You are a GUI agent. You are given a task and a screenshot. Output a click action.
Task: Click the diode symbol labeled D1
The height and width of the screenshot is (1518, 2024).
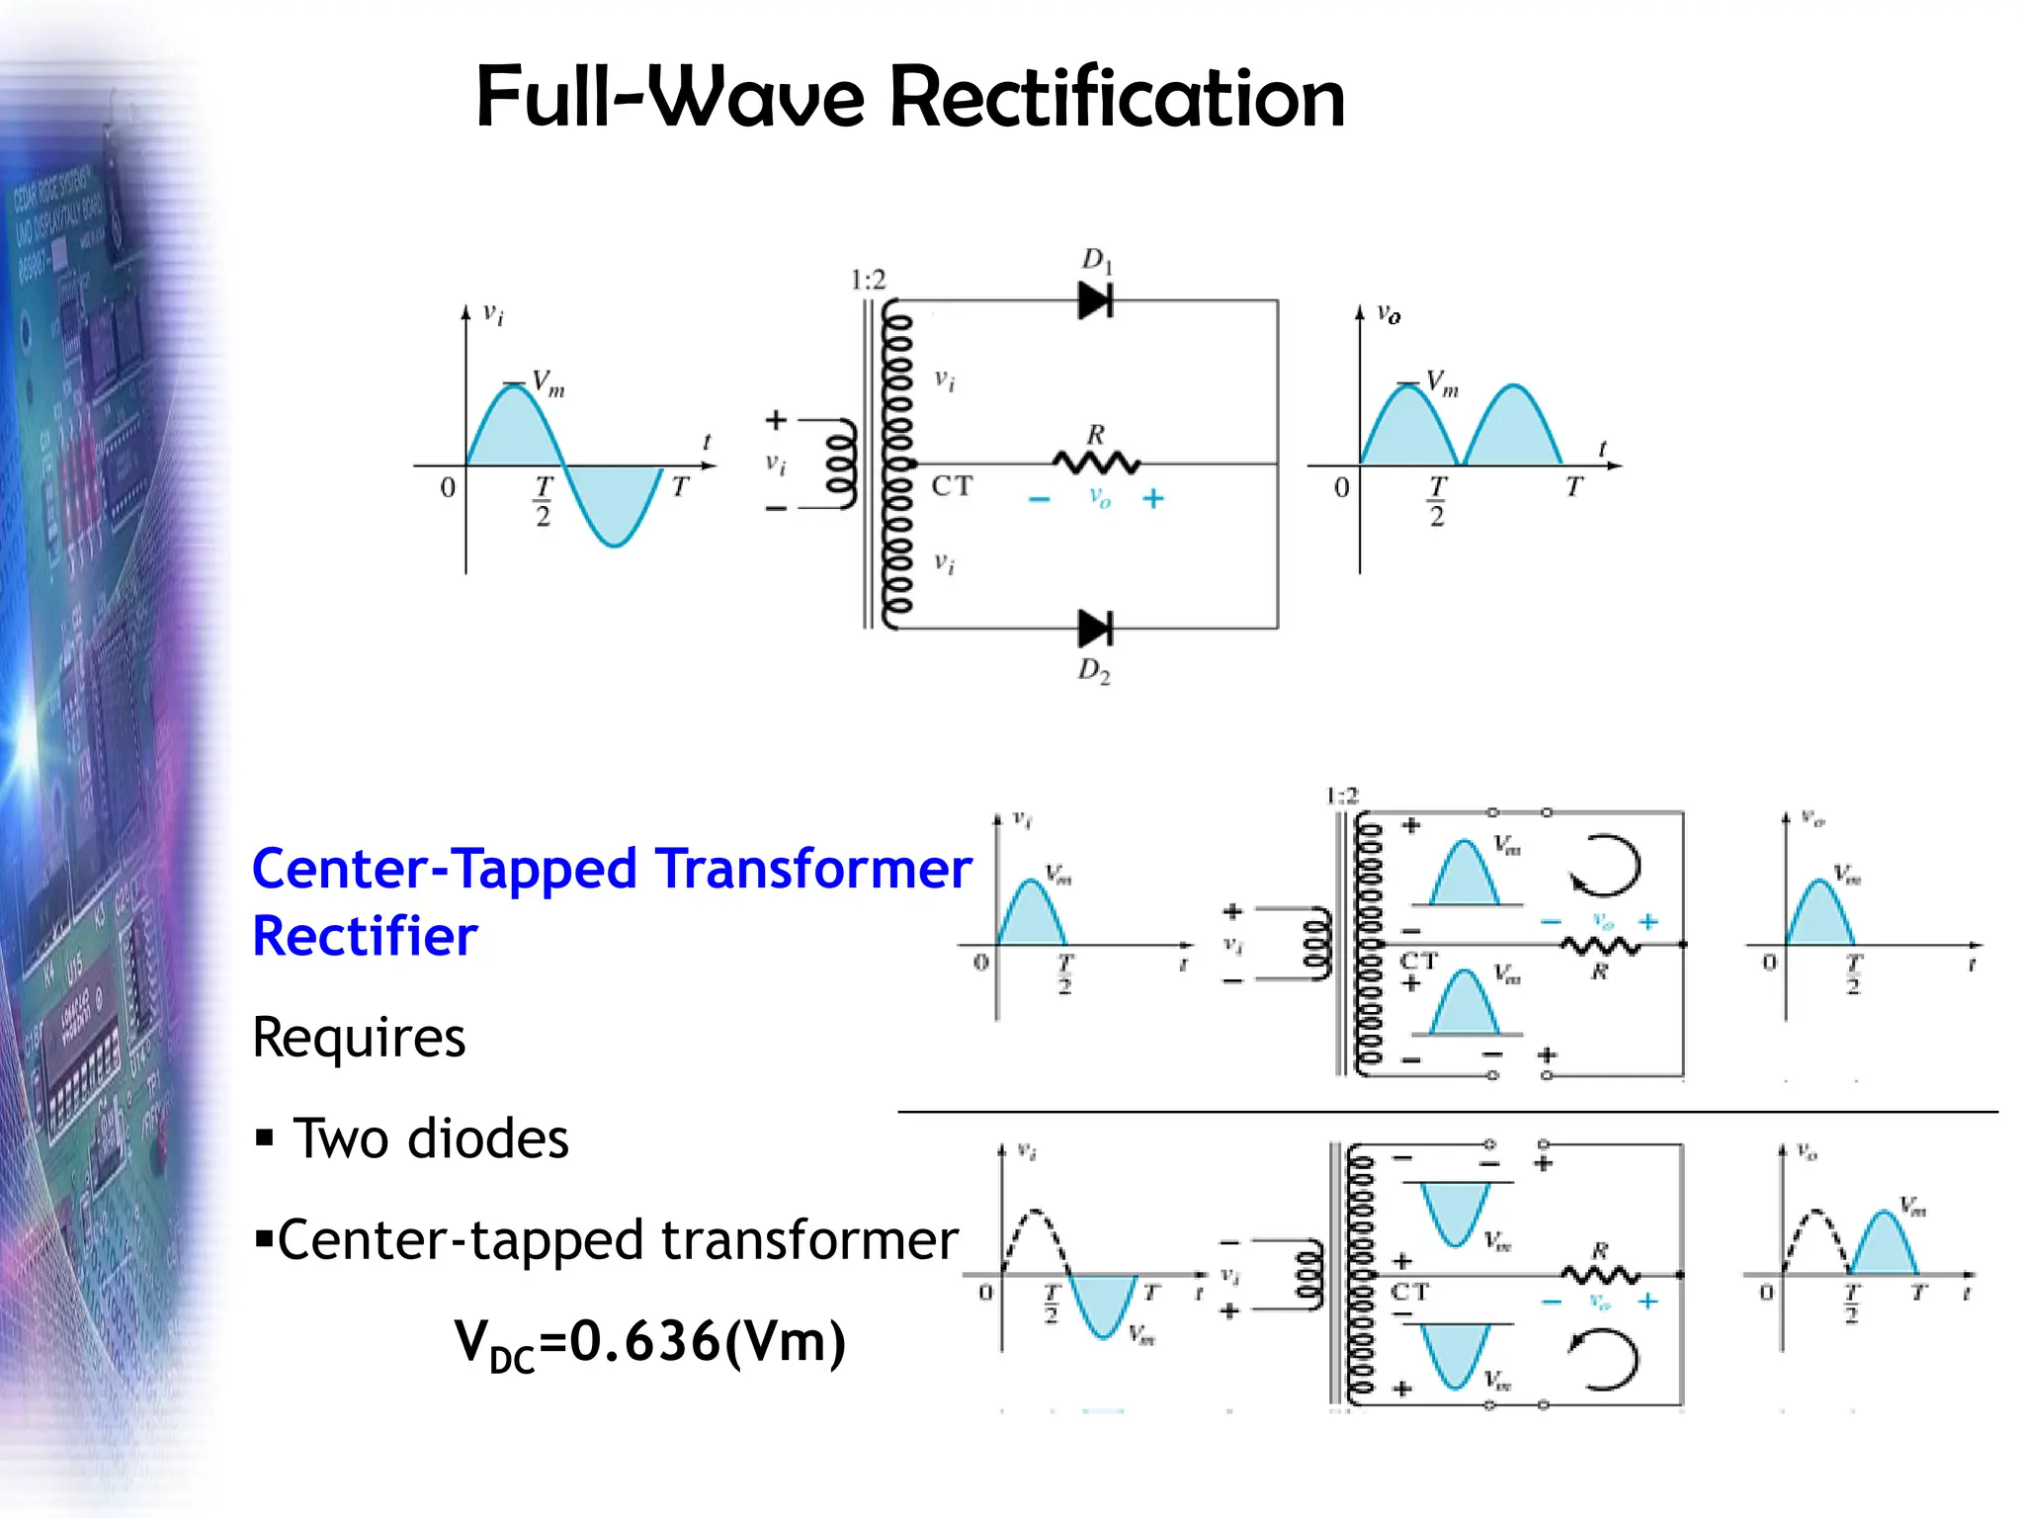[1095, 299]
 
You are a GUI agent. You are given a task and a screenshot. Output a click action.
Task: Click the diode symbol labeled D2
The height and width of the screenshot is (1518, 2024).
[1095, 628]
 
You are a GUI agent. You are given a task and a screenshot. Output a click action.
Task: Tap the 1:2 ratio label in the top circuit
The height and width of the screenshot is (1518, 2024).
[868, 281]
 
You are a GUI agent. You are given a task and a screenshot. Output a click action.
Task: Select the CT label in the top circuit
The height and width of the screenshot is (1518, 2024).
[952, 485]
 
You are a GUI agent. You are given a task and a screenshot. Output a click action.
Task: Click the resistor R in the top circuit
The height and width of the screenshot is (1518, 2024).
[1095, 462]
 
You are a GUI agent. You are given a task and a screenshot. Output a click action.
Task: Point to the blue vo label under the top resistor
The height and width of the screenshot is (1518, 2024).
[1099, 497]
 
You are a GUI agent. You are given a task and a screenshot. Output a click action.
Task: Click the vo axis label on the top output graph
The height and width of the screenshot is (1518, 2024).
[1389, 314]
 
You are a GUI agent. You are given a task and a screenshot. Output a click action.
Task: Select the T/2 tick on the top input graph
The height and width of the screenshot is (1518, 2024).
[544, 500]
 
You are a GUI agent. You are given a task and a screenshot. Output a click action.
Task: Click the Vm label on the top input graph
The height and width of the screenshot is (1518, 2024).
[548, 382]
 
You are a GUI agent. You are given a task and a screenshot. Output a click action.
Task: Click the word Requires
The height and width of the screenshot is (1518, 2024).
[359, 1037]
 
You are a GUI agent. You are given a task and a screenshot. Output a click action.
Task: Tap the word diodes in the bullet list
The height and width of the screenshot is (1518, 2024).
[488, 1138]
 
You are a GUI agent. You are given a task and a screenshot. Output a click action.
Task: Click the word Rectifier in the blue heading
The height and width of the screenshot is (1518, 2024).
[365, 936]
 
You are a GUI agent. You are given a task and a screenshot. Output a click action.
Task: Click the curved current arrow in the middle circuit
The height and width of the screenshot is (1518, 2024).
[1605, 865]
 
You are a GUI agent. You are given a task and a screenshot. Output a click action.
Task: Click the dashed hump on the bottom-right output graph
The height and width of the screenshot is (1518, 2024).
[1814, 1235]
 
